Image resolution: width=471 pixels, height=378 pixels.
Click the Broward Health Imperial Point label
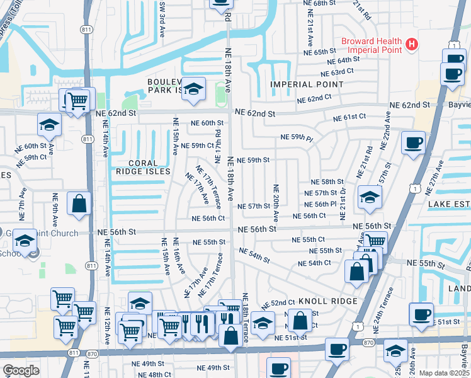pos(371,45)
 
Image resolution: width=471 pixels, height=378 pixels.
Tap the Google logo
pos(21,370)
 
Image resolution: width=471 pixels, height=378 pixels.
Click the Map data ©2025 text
pos(444,373)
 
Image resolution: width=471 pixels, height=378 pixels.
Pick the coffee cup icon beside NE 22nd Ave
pos(412,142)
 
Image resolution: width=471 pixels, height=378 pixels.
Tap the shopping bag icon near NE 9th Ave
pos(79,203)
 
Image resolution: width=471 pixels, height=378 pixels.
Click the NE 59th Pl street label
pos(296,137)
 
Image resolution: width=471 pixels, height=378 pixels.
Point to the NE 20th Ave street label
pos(276,202)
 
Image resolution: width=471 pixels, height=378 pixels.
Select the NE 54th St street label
pos(254,256)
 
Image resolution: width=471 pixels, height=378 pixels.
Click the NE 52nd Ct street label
pos(278,303)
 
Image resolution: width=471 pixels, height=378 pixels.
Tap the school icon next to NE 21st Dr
pos(370,197)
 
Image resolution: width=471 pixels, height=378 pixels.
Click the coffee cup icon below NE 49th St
pos(278,368)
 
